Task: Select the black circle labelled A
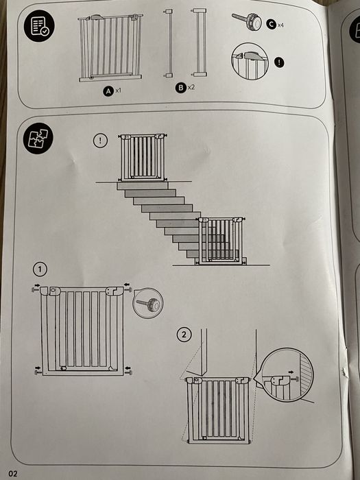coord(107,90)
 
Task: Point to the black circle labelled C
coord(271,24)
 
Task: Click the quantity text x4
coord(281,25)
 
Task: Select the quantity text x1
coord(117,90)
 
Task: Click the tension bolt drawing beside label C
coord(248,21)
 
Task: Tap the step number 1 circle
coord(42,267)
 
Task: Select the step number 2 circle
coord(184,335)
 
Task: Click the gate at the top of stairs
coord(143,157)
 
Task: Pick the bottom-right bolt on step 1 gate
coord(128,372)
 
